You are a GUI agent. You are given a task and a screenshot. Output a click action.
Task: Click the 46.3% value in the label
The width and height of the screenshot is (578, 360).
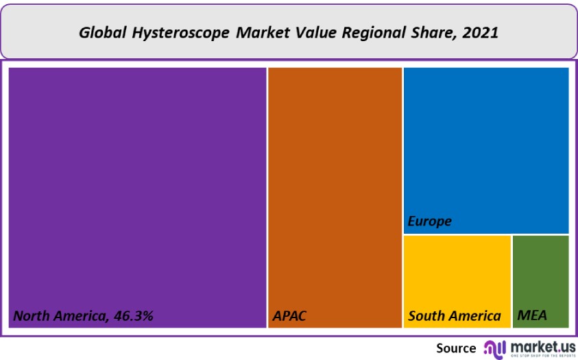click(x=131, y=316)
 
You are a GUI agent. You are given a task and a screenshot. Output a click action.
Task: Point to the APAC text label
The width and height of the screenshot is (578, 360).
click(x=289, y=316)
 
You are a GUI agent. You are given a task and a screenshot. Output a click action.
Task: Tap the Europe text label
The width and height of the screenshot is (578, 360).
click(x=430, y=221)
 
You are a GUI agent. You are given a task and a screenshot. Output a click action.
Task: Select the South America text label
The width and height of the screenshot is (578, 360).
click(x=455, y=316)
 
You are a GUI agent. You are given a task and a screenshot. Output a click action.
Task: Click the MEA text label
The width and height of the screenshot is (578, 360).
click(x=532, y=316)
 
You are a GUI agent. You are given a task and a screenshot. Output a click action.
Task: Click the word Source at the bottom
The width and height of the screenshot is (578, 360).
click(x=456, y=348)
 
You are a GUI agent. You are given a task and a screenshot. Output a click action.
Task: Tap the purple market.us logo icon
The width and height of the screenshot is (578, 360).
click(x=495, y=348)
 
